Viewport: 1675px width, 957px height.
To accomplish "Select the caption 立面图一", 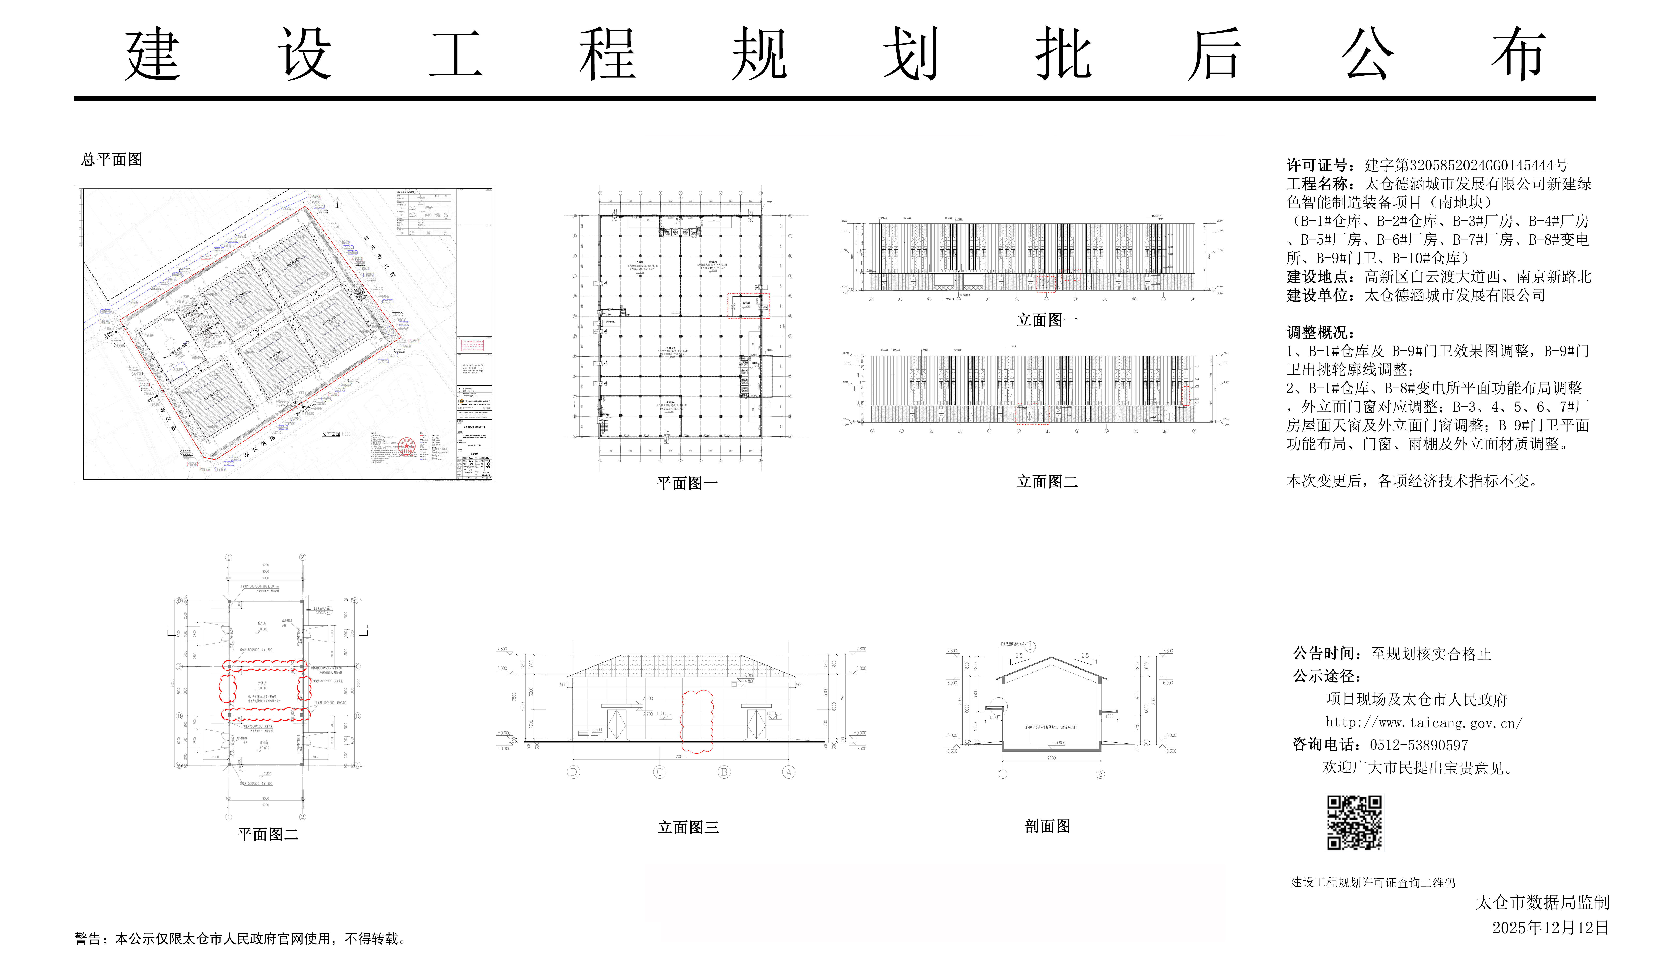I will click(1047, 320).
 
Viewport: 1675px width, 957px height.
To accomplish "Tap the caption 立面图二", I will click(1047, 482).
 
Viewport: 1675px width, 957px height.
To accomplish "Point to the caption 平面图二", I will click(267, 835).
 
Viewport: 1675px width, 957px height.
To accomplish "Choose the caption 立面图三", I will click(688, 828).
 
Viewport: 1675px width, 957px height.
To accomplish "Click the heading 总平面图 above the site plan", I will click(112, 160).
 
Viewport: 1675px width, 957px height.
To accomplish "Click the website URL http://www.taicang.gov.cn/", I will click(1423, 722).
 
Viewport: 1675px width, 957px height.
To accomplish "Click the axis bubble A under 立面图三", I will click(788, 772).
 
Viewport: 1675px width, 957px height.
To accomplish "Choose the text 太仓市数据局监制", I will click(1542, 903).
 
